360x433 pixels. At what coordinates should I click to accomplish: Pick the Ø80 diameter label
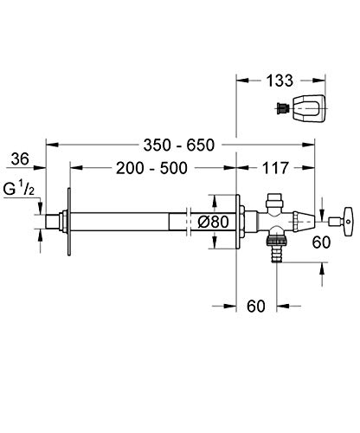(211, 221)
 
